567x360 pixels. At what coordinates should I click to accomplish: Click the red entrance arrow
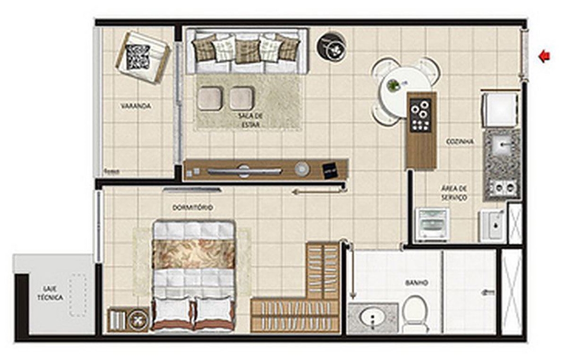click(x=544, y=56)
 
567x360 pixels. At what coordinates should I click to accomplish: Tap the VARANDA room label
click(x=136, y=106)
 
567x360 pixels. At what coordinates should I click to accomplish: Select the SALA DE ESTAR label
click(x=250, y=120)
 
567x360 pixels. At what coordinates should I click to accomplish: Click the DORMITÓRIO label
click(x=193, y=208)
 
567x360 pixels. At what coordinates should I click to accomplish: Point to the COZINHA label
click(x=460, y=142)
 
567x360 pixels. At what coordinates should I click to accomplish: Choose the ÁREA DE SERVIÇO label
click(x=454, y=193)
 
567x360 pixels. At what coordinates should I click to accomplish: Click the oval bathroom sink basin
click(x=373, y=318)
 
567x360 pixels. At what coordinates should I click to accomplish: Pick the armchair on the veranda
click(x=142, y=58)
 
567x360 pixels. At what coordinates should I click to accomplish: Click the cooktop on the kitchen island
click(x=421, y=115)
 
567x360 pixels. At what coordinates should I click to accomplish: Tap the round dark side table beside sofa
click(x=331, y=47)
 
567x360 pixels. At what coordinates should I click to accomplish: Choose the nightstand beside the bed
click(x=128, y=319)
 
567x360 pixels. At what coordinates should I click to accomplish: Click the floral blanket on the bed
click(x=193, y=254)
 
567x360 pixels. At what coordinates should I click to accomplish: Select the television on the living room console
click(x=244, y=171)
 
